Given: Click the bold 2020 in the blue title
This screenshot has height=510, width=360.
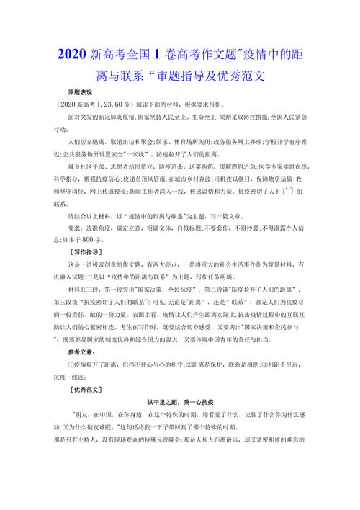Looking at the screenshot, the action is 73,53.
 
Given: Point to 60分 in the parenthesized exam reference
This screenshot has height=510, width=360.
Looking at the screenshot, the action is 124,103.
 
